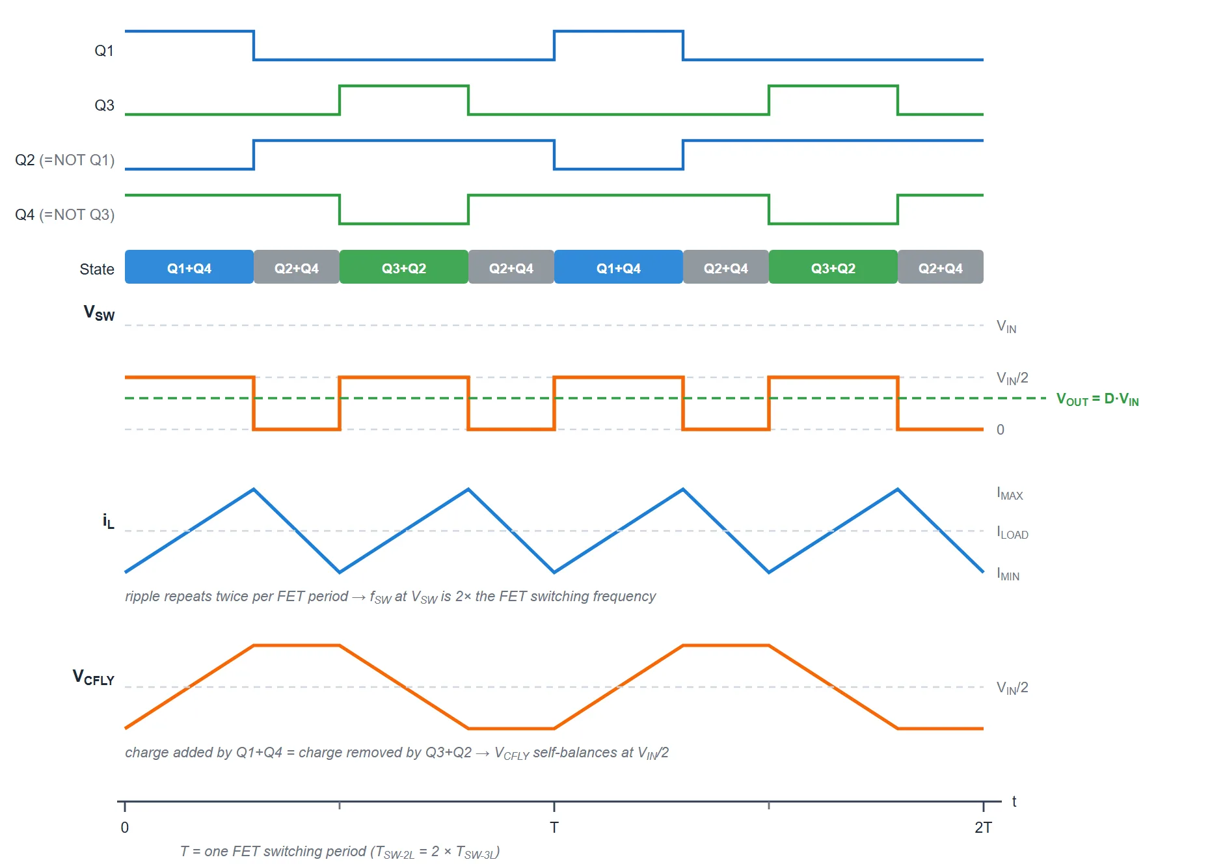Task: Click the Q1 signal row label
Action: pyautogui.click(x=104, y=51)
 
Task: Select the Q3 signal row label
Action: pyautogui.click(x=104, y=105)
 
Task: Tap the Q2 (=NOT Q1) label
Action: pyautogui.click(x=64, y=160)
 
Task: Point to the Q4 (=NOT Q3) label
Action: pyautogui.click(x=64, y=215)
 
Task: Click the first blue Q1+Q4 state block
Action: pyautogui.click(x=189, y=267)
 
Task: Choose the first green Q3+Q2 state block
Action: pyautogui.click(x=404, y=267)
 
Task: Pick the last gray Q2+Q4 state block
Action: pyautogui.click(x=941, y=267)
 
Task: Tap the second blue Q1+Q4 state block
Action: pyautogui.click(x=619, y=267)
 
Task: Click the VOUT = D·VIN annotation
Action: pyautogui.click(x=1097, y=399)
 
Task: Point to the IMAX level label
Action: pyautogui.click(x=1010, y=494)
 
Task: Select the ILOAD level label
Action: pyautogui.click(x=1012, y=533)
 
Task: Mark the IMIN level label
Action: pyautogui.click(x=1008, y=574)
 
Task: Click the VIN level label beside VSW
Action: pyautogui.click(x=1006, y=327)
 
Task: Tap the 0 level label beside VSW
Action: pyautogui.click(x=1001, y=429)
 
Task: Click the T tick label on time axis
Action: pyautogui.click(x=554, y=828)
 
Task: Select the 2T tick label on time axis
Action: pyautogui.click(x=983, y=828)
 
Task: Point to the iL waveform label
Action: pyautogui.click(x=108, y=521)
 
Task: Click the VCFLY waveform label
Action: pyautogui.click(x=94, y=678)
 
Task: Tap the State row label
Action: pyautogui.click(x=97, y=269)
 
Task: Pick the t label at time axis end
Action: pyautogui.click(x=1014, y=802)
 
